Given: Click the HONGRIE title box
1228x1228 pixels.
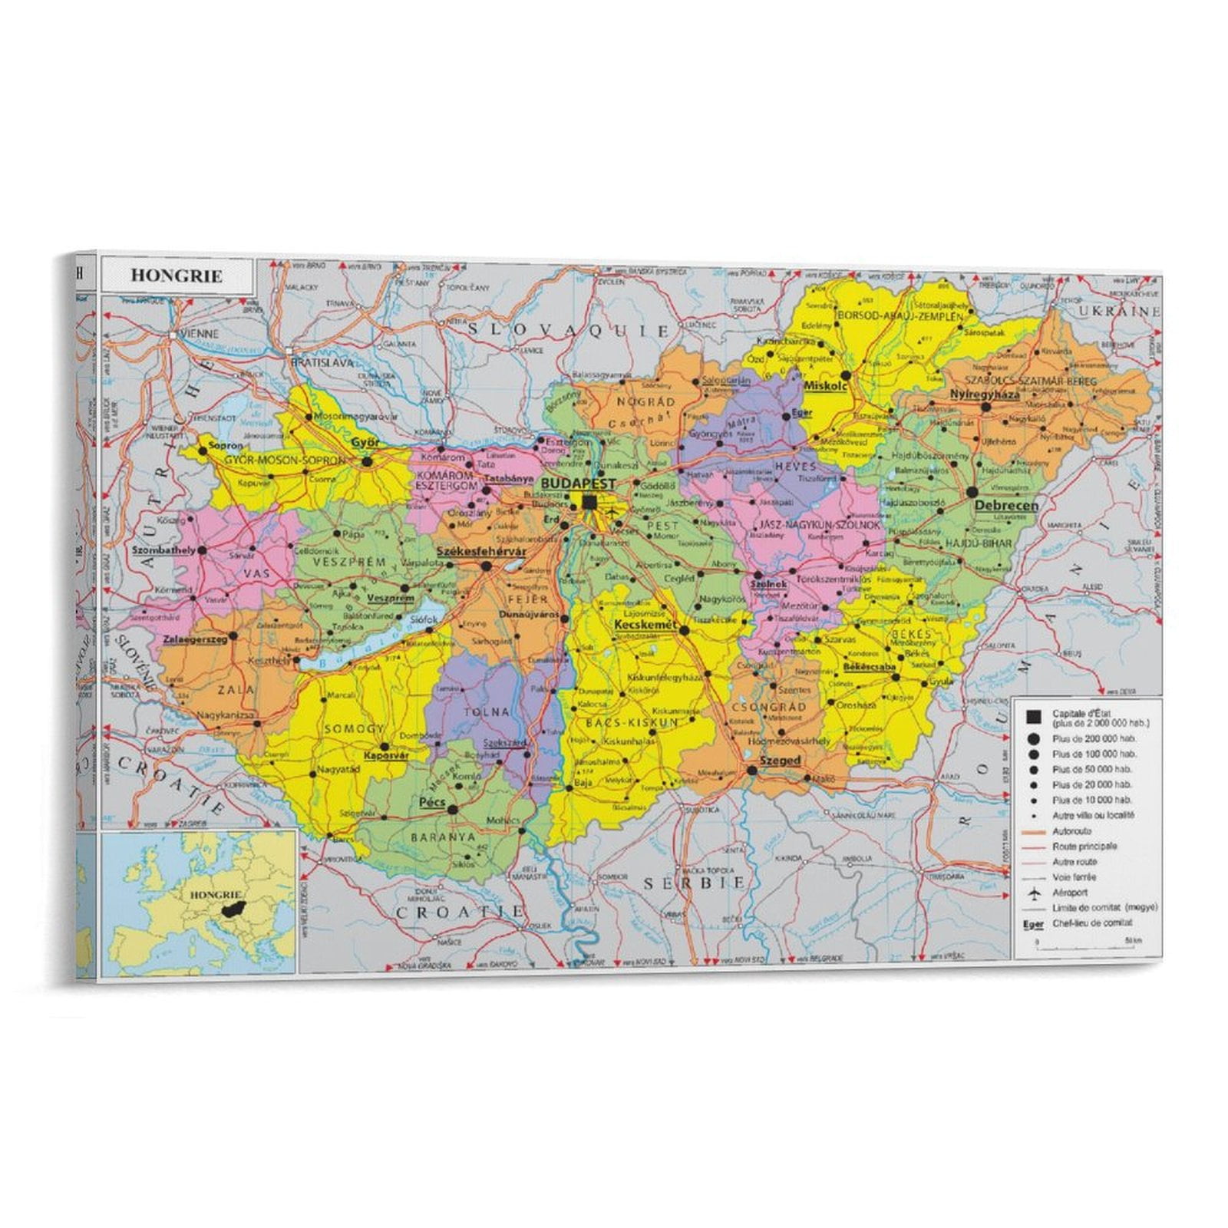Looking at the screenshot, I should [x=177, y=276].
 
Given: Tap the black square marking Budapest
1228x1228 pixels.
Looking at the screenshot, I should [x=589, y=503].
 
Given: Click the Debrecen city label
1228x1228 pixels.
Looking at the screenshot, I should [x=1005, y=506].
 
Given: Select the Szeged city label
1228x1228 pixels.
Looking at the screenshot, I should [x=780, y=761].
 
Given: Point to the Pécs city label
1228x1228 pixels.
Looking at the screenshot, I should [x=432, y=802].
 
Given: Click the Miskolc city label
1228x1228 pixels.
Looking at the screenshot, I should [x=825, y=386].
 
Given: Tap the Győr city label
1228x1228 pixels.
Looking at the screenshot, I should [x=365, y=443].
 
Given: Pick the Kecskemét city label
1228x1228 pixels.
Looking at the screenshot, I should [x=646, y=626].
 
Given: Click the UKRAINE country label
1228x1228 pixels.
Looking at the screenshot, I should [x=1118, y=311].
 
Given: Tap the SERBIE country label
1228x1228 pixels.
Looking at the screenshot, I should [x=695, y=883].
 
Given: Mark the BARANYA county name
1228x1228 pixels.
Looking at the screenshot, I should [x=442, y=837].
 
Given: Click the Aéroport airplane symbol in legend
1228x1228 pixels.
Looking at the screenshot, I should [x=1035, y=893].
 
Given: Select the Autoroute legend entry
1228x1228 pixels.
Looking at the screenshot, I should [x=1072, y=831].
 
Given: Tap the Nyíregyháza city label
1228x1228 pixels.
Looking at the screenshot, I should [x=985, y=394].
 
